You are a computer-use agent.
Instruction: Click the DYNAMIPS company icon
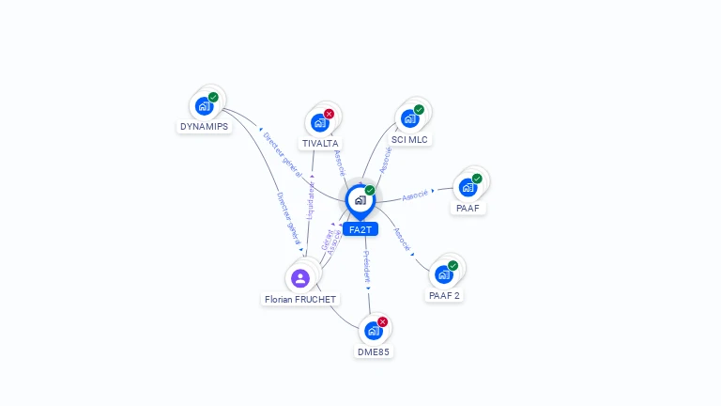coord(204,106)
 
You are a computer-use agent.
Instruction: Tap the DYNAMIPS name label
coord(204,127)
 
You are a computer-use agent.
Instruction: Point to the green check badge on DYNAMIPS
coord(214,97)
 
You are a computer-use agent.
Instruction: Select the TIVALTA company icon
coord(319,122)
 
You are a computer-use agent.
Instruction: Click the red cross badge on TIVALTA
coord(330,114)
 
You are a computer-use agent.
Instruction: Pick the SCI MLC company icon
coord(409,118)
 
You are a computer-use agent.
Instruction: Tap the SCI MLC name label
coord(409,139)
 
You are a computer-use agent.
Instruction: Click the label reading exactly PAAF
coord(468,208)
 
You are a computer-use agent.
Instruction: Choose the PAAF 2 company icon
coord(443,274)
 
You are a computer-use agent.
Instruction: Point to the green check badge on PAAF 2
coord(453,266)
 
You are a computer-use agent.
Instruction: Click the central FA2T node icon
coord(360,200)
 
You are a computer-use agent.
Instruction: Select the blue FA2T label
coord(360,229)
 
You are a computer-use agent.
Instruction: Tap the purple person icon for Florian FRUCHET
coord(300,277)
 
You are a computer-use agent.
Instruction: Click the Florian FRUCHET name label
coord(299,299)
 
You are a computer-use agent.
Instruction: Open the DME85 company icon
coord(373,331)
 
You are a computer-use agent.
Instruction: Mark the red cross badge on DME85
coord(383,321)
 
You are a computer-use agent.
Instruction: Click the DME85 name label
coord(373,351)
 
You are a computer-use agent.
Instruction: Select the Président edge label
coord(367,268)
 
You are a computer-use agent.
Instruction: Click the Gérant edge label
coord(326,239)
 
